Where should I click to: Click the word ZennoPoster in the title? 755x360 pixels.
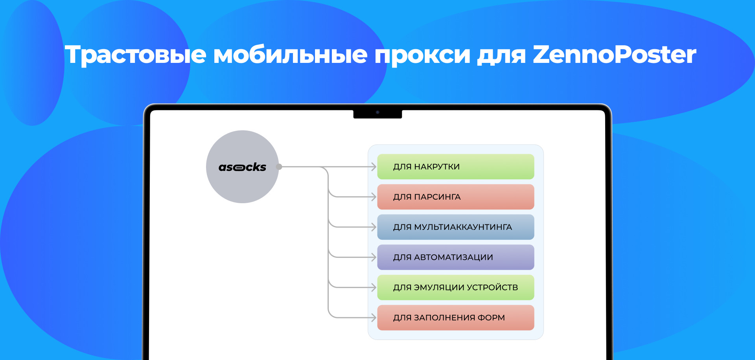pos(614,54)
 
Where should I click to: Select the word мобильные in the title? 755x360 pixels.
pos(290,54)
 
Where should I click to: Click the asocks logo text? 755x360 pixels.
pos(242,167)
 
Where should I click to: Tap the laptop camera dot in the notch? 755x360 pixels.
pos(377,112)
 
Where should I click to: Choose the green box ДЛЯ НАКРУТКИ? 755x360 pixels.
pos(455,167)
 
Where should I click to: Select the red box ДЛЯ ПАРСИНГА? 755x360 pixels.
pos(455,197)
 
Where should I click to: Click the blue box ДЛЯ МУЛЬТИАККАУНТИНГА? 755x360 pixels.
pos(455,227)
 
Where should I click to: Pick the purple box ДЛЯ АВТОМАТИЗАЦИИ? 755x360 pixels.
pos(455,257)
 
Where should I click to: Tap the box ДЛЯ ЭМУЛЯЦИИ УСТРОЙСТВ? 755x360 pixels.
pos(455,287)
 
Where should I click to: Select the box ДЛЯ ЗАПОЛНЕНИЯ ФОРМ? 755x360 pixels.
pos(455,318)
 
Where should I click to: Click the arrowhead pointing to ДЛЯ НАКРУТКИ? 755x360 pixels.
pos(374,167)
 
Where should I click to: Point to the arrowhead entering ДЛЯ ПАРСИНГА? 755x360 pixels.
pos(374,197)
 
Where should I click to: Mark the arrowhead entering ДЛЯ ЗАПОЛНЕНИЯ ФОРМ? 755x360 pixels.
pos(374,318)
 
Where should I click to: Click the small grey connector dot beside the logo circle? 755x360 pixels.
pos(279,167)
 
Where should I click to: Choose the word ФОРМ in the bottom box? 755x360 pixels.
pos(491,318)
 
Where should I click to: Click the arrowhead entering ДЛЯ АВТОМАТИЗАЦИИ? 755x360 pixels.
pos(374,257)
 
